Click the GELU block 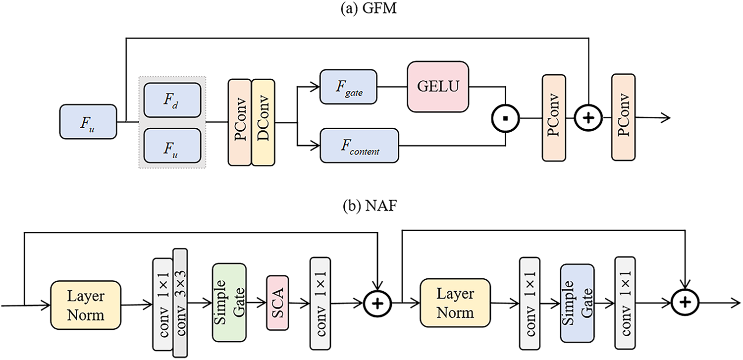(x=438, y=87)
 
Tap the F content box (x=359, y=145)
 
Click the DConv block (x=263, y=122)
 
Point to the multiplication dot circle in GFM (x=505, y=118)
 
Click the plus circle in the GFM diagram (x=588, y=118)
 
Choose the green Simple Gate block (x=229, y=302)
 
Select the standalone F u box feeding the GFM (x=88, y=121)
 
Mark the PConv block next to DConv (x=240, y=122)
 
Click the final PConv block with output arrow (x=623, y=118)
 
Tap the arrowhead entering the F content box (x=316, y=146)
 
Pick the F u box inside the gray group (x=172, y=145)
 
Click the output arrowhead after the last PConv (x=667, y=118)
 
